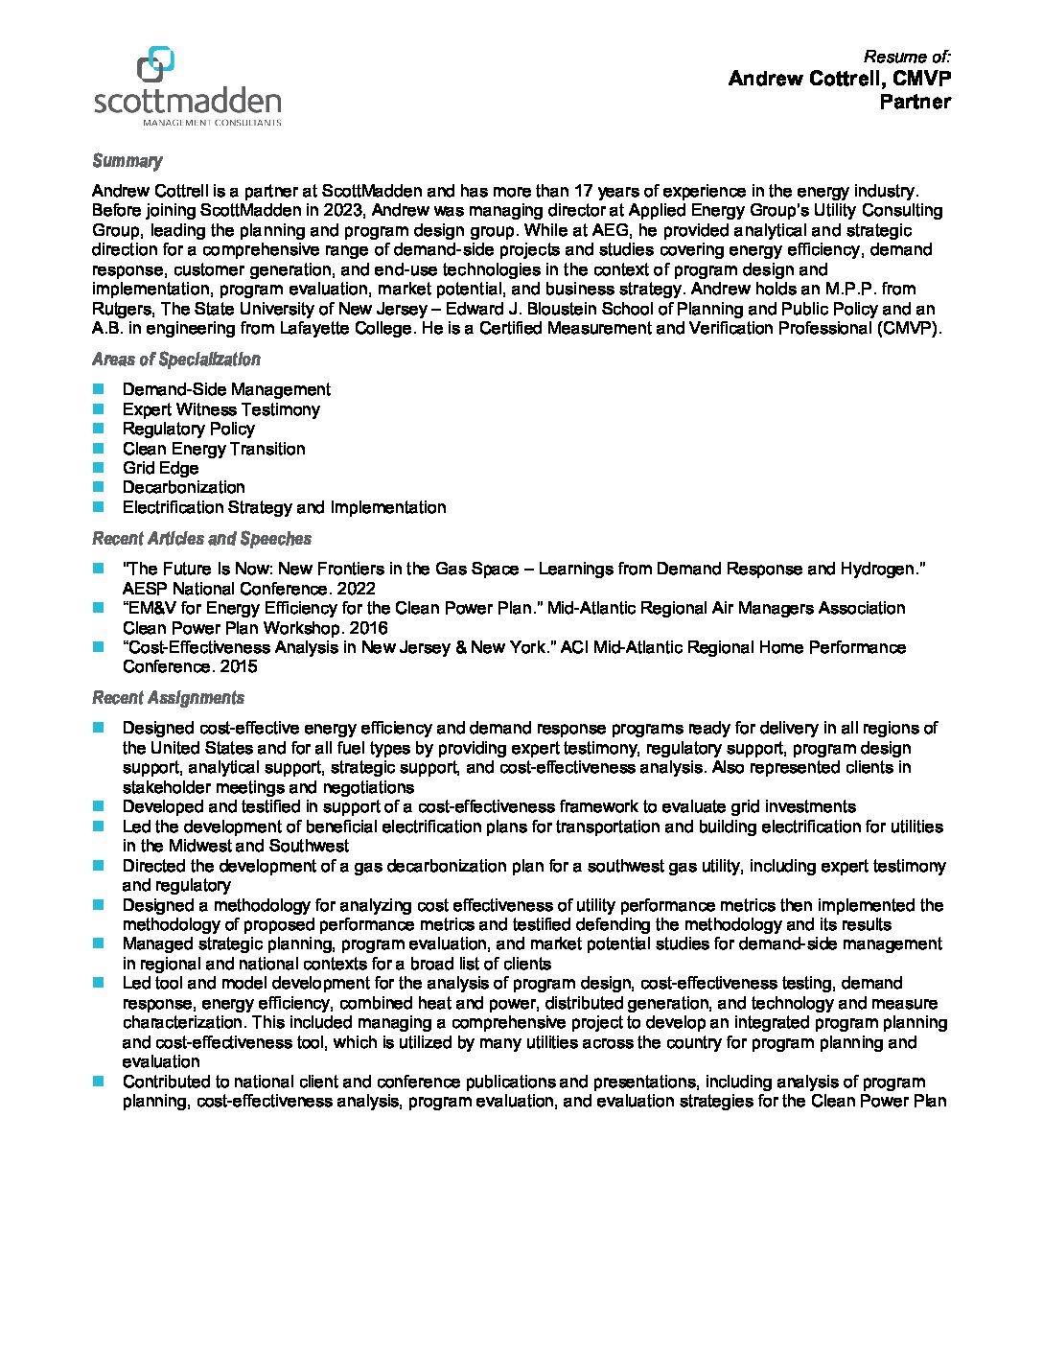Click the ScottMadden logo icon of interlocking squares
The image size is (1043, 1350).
pos(155,64)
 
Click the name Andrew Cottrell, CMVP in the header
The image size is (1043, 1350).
pos(839,79)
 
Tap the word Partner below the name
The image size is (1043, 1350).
pos(915,102)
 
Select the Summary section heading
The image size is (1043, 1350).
pos(127,161)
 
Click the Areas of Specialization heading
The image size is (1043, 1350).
pos(175,360)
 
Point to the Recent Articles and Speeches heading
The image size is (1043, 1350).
pos(201,539)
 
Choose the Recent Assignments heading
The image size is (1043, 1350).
pos(168,698)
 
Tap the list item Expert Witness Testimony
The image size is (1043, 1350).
pos(220,409)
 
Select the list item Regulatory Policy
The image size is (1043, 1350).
pos(188,429)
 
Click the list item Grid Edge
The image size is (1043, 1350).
pos(160,468)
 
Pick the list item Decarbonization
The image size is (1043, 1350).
pos(183,487)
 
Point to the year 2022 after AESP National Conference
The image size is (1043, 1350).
pos(357,589)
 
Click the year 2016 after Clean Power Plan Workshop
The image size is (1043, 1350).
pos(369,628)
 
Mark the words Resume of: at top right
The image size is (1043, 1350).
pos(907,57)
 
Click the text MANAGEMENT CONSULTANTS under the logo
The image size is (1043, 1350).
pos(211,123)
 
